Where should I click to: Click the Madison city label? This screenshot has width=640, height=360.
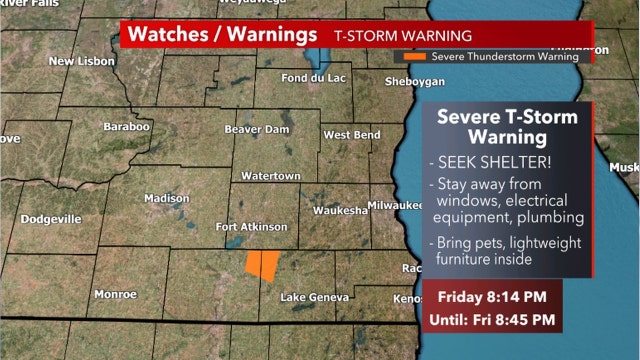pyautogui.click(x=166, y=198)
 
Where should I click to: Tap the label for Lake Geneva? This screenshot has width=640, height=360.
pyautogui.click(x=314, y=298)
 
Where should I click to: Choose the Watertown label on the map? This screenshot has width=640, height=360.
pyautogui.click(x=271, y=176)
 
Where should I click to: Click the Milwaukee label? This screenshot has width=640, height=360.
pyautogui.click(x=397, y=204)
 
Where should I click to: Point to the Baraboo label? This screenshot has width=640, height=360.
pyautogui.click(x=127, y=127)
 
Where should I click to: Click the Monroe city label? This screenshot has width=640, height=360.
pyautogui.click(x=115, y=294)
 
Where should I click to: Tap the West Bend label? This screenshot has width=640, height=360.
pyautogui.click(x=350, y=135)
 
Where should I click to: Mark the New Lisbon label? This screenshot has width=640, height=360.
pyautogui.click(x=83, y=61)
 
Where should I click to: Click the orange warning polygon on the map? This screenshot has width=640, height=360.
pyautogui.click(x=263, y=265)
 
